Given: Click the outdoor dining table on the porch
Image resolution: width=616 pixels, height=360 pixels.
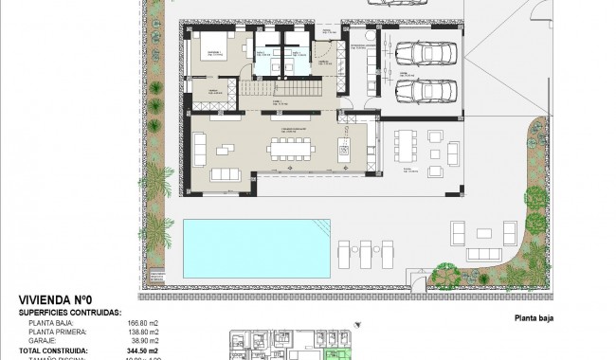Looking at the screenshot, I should click(405, 148).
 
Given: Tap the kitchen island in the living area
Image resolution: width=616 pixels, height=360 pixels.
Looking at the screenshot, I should click(344, 149).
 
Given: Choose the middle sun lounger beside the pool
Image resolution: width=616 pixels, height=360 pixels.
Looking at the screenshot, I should click(366, 252).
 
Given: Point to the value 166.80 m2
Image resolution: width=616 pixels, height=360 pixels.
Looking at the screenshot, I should click(142, 322).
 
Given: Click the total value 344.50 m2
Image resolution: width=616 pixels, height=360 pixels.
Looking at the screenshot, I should click(143, 350).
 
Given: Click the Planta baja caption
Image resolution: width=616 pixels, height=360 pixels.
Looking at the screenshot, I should click(533, 319).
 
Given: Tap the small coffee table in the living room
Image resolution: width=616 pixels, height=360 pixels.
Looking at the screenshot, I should click(226, 149).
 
